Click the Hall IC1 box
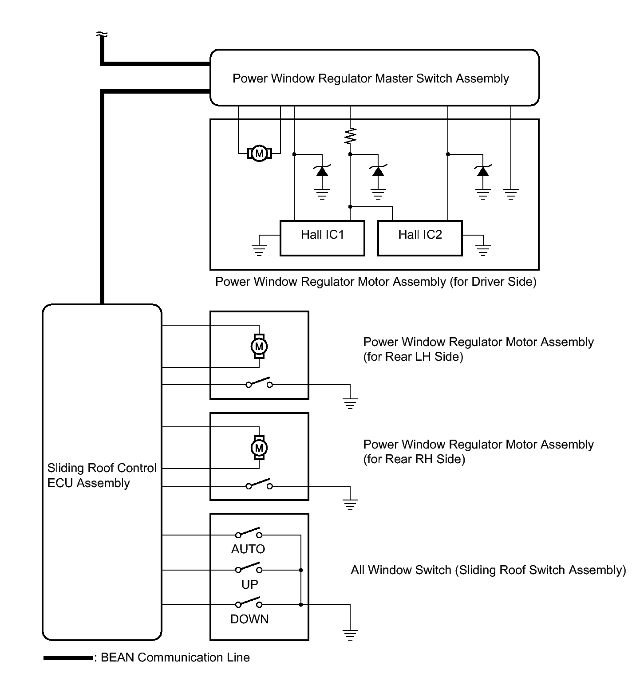(322, 238)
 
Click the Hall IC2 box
(420, 238)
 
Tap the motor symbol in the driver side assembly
(259, 154)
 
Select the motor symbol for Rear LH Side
(259, 346)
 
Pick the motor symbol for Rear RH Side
(259, 448)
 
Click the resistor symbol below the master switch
(350, 135)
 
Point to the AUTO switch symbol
(249, 533)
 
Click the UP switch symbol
(249, 568)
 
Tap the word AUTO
(248, 549)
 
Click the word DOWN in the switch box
(249, 619)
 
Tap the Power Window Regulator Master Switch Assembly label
(371, 79)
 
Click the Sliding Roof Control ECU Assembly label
(102, 475)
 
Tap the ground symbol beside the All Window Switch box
(350, 634)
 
